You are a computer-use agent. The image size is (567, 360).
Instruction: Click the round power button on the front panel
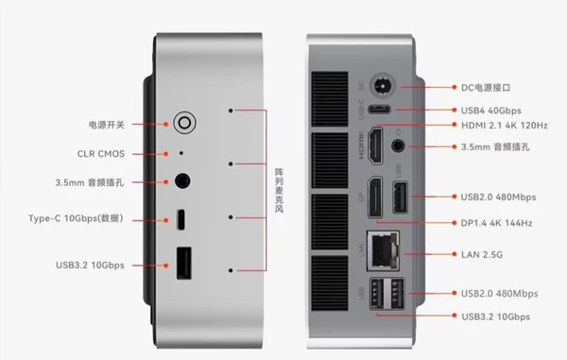(x=184, y=123)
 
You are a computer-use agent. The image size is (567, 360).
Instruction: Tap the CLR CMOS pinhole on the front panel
(x=181, y=153)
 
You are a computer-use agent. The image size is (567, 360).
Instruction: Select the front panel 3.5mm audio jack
(x=182, y=180)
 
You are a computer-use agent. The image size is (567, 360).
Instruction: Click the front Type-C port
(x=180, y=219)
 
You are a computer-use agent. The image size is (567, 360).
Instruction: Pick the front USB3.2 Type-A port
(x=183, y=263)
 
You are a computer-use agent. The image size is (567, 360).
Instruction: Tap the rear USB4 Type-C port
(x=379, y=110)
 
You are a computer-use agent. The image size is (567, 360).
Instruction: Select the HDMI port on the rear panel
(x=375, y=146)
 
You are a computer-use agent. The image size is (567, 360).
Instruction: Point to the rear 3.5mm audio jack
(x=398, y=146)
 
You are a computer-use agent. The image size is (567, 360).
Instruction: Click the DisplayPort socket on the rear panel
(x=375, y=197)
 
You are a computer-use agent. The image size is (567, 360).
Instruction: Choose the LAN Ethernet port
(x=383, y=250)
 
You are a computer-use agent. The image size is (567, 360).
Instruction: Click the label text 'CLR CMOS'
(x=101, y=154)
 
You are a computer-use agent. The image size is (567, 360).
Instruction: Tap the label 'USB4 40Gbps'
(x=491, y=111)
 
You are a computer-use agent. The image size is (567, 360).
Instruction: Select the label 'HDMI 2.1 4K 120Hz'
(x=505, y=126)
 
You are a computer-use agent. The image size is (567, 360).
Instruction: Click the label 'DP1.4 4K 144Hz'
(x=496, y=223)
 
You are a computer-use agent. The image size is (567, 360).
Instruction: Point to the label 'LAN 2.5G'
(x=482, y=255)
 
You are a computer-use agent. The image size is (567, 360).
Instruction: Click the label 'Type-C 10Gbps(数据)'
(x=76, y=218)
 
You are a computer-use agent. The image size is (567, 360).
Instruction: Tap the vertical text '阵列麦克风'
(x=279, y=190)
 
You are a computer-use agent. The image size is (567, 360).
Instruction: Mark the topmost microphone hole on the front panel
(x=231, y=111)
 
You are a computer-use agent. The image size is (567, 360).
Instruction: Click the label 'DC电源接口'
(x=486, y=88)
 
